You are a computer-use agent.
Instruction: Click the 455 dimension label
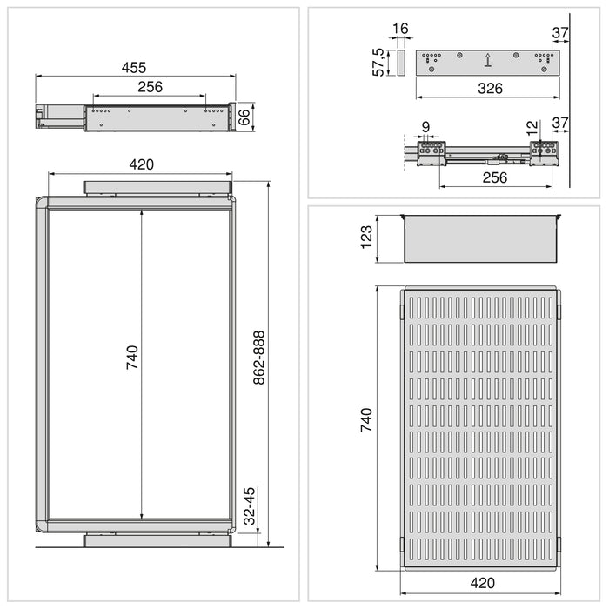point(133,67)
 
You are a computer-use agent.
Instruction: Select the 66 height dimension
point(244,117)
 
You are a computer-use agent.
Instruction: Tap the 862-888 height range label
point(258,359)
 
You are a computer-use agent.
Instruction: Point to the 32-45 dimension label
point(249,505)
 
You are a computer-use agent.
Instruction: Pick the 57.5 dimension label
point(379,62)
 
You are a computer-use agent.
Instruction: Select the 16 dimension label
point(400,30)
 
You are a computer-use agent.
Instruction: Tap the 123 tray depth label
point(366,238)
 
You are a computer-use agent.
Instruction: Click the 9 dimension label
point(425,128)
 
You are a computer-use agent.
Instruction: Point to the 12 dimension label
point(532,128)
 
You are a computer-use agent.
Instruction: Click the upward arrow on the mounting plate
point(488,60)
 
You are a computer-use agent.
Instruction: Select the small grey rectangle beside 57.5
point(401,62)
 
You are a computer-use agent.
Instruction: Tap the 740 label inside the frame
point(131,357)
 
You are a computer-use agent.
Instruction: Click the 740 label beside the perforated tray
point(366,420)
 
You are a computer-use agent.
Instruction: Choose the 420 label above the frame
point(142,164)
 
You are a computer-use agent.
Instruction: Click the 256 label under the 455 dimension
point(150,87)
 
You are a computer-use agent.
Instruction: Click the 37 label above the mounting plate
point(559,32)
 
